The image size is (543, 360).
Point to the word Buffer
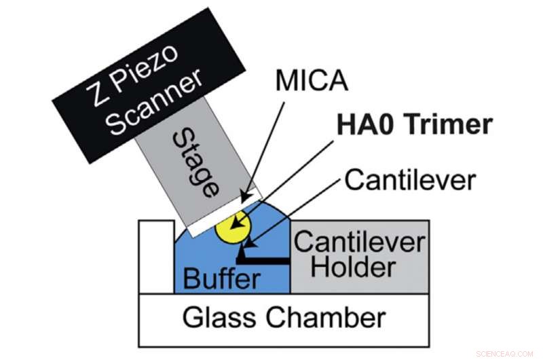coord(223,278)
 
